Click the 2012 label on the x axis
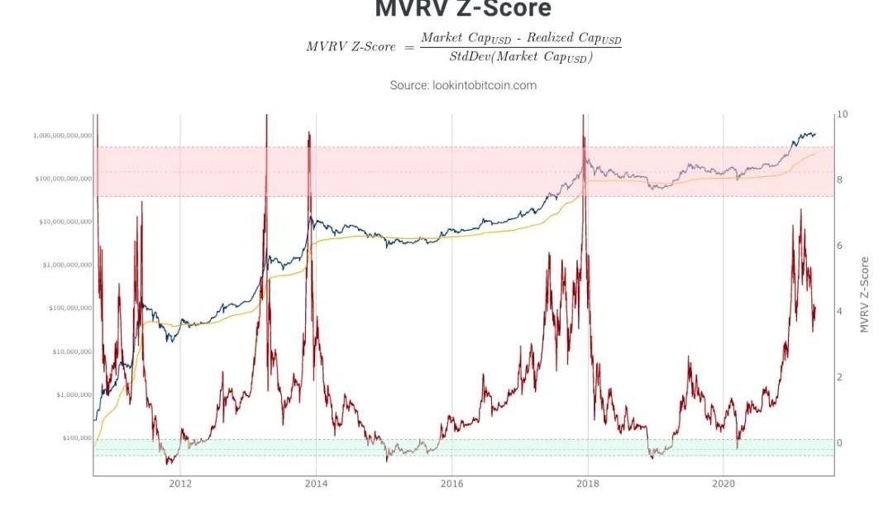pyautogui.click(x=180, y=483)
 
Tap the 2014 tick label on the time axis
pyautogui.click(x=316, y=483)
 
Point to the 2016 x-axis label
pyautogui.click(x=451, y=483)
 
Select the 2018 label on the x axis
pyautogui.click(x=587, y=483)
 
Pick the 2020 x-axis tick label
pyautogui.click(x=723, y=483)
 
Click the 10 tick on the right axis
pyautogui.click(x=843, y=114)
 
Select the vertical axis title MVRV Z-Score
pyautogui.click(x=865, y=294)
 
